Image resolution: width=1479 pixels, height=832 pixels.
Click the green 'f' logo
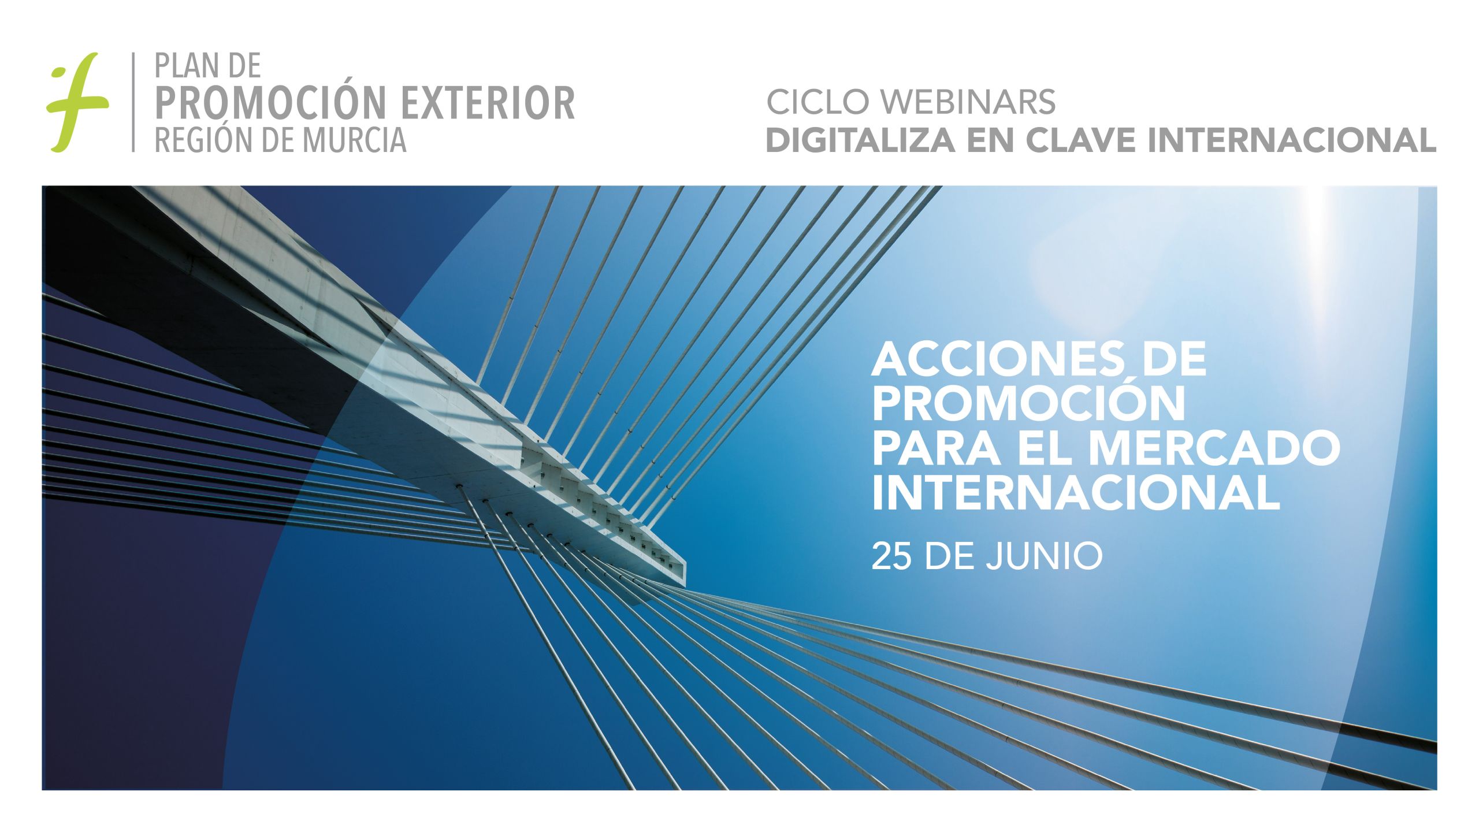77,102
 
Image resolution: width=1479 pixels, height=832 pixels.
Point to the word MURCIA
354,140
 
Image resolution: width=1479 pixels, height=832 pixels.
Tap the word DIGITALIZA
860,140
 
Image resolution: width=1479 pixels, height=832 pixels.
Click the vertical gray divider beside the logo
133,102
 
